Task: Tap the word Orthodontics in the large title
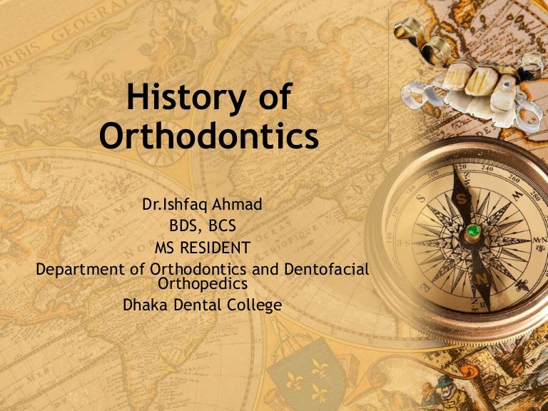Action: pyautogui.click(x=209, y=135)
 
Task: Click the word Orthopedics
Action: pyautogui.click(x=204, y=283)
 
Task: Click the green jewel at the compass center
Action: pyautogui.click(x=471, y=231)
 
